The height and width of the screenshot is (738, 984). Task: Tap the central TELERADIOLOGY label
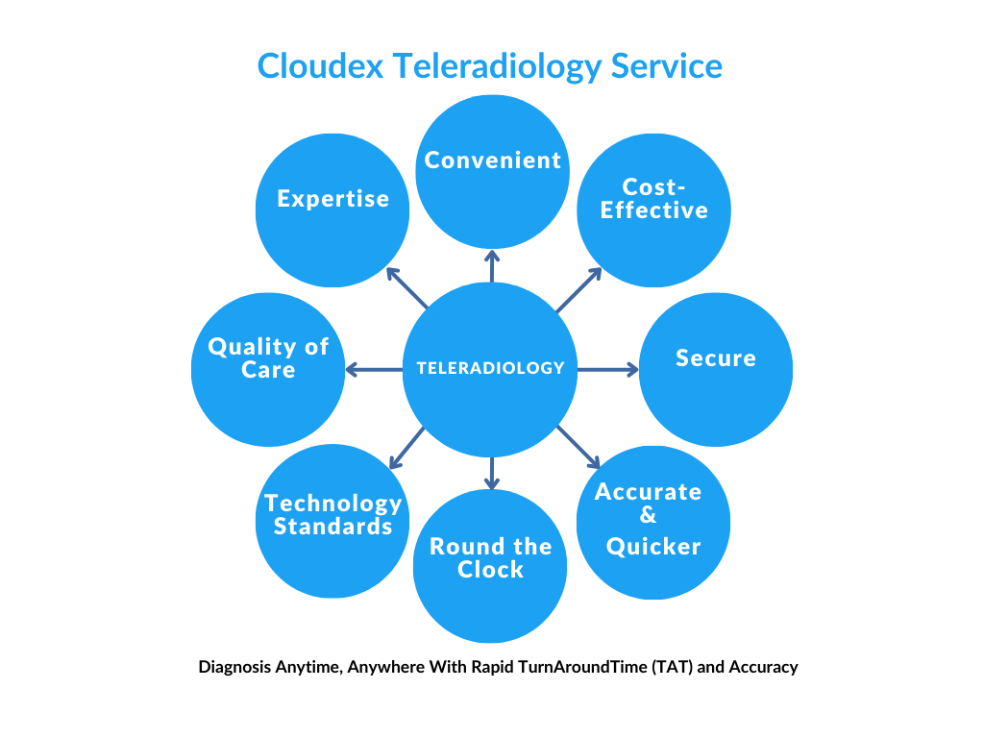tap(490, 368)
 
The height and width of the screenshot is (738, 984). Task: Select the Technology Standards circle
tap(332, 520)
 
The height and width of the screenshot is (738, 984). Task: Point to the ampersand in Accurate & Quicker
tap(648, 519)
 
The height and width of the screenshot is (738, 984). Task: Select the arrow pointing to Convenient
tap(492, 266)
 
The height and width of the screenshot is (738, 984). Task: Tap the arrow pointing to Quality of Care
tap(374, 369)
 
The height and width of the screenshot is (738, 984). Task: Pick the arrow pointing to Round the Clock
tap(492, 472)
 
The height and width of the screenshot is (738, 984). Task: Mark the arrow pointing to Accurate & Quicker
tap(578, 447)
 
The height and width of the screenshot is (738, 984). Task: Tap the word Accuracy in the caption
tap(763, 666)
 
